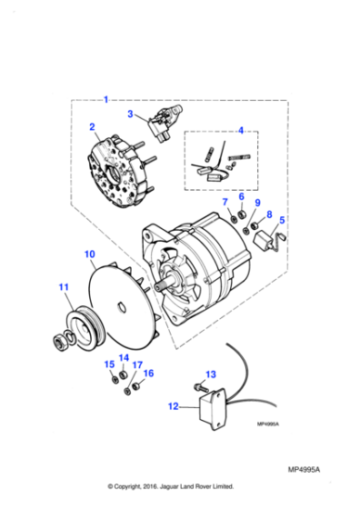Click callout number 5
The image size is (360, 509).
click(x=282, y=220)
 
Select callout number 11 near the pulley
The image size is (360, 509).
click(x=63, y=288)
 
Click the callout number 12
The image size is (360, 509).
click(x=173, y=407)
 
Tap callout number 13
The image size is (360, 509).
click(x=211, y=374)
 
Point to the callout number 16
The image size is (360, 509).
click(x=149, y=373)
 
